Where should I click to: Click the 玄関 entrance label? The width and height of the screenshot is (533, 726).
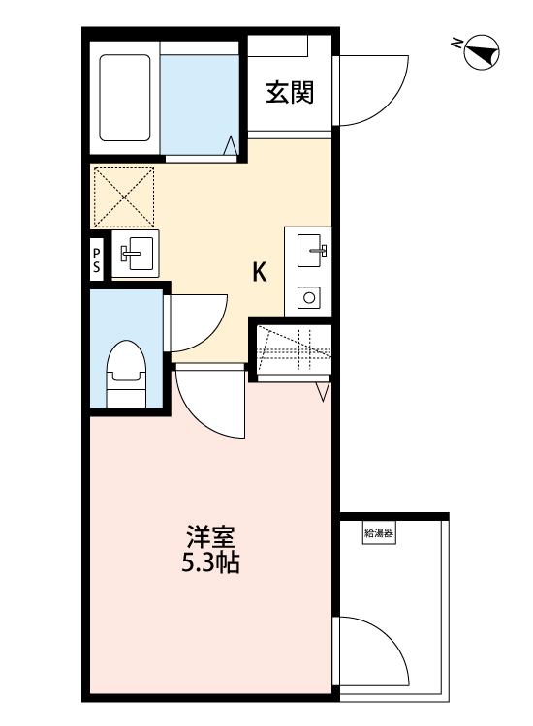click(x=290, y=93)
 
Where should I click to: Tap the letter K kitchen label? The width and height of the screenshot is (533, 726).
click(x=260, y=272)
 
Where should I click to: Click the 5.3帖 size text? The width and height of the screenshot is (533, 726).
click(x=210, y=563)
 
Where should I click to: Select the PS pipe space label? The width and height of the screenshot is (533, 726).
click(x=96, y=259)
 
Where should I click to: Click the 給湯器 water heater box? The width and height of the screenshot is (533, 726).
click(x=379, y=533)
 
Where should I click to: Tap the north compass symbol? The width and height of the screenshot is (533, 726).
click(x=481, y=52)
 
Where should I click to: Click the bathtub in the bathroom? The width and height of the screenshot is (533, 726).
click(x=125, y=98)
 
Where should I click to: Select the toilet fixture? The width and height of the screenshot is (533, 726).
click(x=126, y=374)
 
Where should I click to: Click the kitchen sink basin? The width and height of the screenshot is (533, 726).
click(x=308, y=251)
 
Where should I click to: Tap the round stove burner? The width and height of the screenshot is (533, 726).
click(x=309, y=297)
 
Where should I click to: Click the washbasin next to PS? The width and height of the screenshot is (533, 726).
click(x=136, y=254)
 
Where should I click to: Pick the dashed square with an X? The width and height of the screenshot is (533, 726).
click(x=124, y=197)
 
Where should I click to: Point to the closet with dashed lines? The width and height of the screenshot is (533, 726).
click(x=294, y=348)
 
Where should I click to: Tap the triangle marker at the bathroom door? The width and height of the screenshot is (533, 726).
click(x=231, y=145)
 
